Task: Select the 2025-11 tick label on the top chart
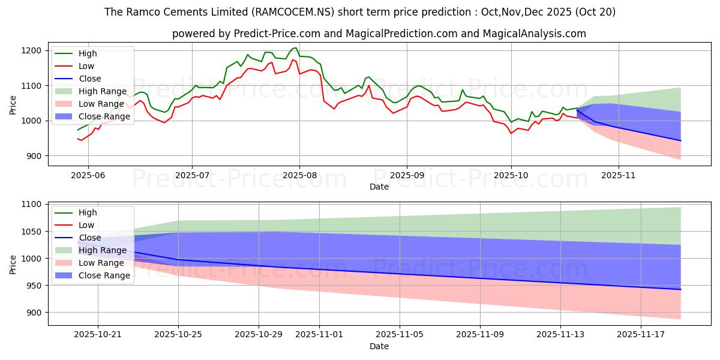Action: click(x=618, y=175)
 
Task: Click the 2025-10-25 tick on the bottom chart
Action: click(x=178, y=334)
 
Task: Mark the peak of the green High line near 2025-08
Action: click(x=295, y=48)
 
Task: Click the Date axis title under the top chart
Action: click(x=379, y=187)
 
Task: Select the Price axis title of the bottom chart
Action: click(x=13, y=263)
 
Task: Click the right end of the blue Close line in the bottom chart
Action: click(x=680, y=290)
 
